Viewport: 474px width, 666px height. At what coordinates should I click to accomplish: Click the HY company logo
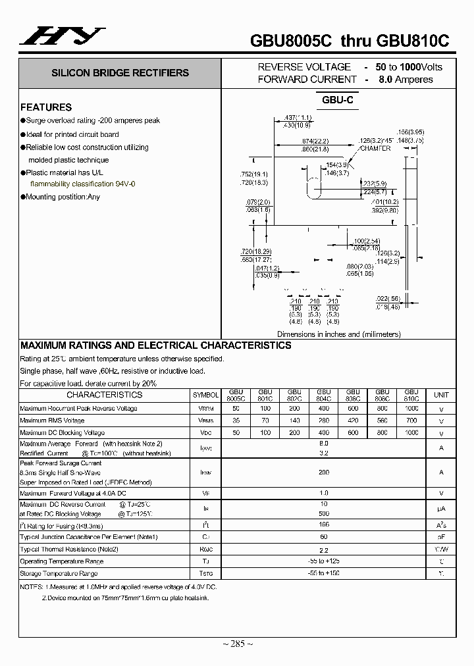point(62,37)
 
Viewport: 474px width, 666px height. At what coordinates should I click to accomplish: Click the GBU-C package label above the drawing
point(338,100)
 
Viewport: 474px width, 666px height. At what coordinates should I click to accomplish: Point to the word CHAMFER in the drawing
point(375,149)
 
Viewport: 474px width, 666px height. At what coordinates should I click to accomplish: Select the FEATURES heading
point(46,107)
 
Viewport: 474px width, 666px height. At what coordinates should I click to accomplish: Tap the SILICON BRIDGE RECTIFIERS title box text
point(120,73)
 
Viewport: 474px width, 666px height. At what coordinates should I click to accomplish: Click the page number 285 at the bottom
point(238,643)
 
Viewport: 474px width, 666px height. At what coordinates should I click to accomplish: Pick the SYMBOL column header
point(205,395)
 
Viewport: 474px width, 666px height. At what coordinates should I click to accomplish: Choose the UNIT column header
point(440,395)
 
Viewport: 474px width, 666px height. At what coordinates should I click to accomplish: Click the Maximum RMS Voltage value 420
point(353,420)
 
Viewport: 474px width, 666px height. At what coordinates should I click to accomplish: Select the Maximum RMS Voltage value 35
point(236,420)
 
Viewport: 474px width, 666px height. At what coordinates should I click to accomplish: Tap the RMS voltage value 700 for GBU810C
point(411,420)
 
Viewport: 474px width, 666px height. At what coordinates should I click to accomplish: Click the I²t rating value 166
point(323,525)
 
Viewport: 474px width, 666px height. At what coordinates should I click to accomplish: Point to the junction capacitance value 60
point(323,537)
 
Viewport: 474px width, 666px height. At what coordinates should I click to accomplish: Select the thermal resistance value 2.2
point(323,550)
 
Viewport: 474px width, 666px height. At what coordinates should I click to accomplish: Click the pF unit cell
point(440,537)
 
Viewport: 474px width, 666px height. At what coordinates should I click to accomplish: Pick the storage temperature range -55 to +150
point(323,574)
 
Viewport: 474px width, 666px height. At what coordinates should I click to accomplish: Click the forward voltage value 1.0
point(323,493)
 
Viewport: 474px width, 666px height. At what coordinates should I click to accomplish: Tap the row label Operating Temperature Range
point(61,561)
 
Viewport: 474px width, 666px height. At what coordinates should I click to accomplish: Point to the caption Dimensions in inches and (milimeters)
point(338,334)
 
